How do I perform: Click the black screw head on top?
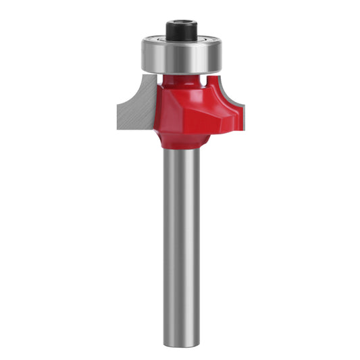(180, 30)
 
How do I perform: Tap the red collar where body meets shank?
(181, 143)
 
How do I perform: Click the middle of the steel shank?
(181, 236)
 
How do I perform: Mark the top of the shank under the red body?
(181, 154)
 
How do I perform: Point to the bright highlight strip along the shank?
(177, 236)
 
